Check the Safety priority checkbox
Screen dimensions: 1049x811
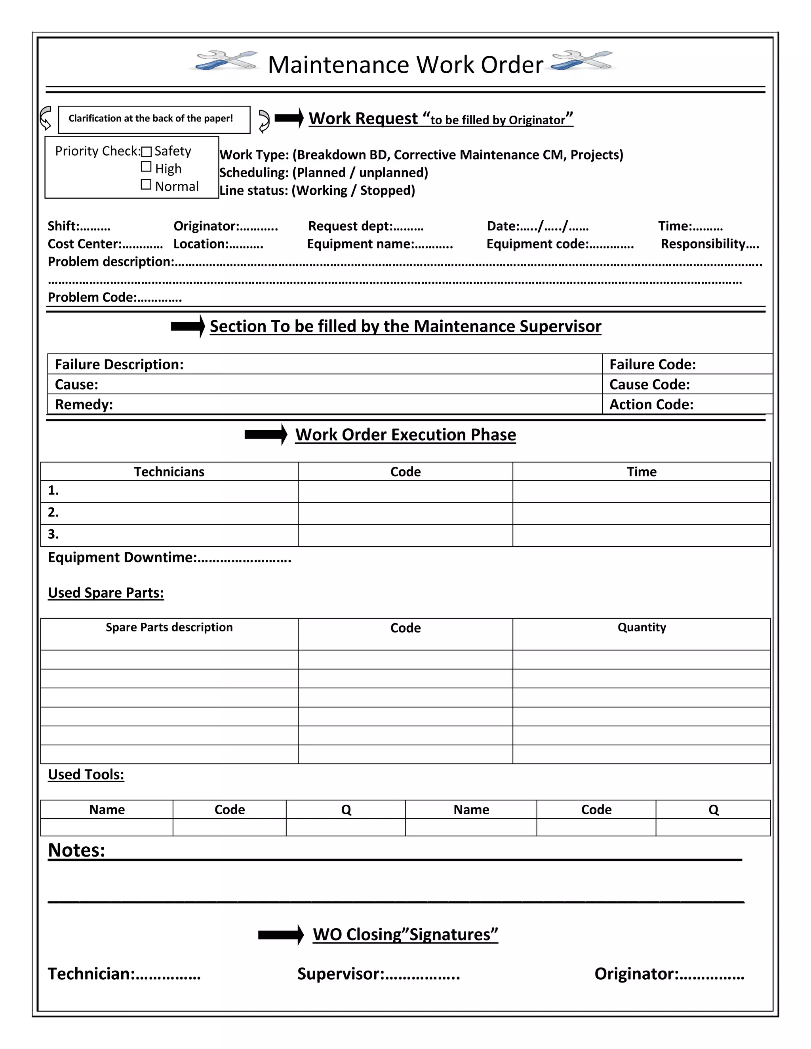point(147,152)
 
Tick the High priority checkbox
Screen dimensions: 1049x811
point(146,167)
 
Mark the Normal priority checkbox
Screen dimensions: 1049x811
point(146,184)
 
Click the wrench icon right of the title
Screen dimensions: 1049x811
point(582,61)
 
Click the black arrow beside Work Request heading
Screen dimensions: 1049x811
point(289,118)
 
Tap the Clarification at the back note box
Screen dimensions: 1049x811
point(154,119)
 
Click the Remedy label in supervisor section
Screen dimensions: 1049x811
point(84,405)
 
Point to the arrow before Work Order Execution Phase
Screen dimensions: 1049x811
point(266,435)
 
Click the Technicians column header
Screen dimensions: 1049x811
point(169,472)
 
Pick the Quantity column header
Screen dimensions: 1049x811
point(642,627)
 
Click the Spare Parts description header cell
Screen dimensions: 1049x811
point(169,627)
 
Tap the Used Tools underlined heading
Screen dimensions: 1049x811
point(86,774)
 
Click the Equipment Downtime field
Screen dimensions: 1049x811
point(169,558)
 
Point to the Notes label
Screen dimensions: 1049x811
point(76,850)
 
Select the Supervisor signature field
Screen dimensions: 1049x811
point(378,974)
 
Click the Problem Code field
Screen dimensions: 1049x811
point(114,297)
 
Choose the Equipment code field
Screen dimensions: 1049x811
point(560,244)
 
